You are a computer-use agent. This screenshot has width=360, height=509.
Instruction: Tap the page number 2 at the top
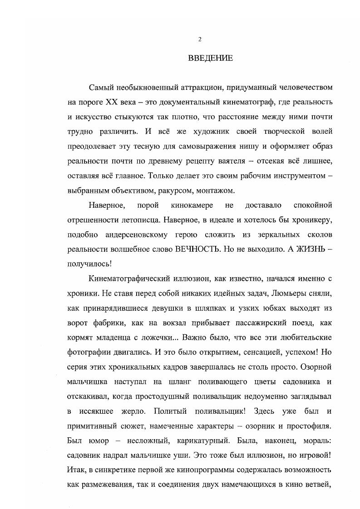pyautogui.click(x=200, y=39)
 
